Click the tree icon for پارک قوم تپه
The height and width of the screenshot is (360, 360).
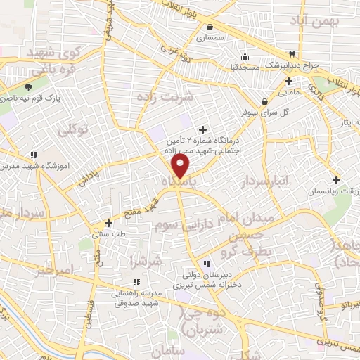click(27, 88)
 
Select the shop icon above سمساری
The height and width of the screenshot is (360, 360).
click(210, 27)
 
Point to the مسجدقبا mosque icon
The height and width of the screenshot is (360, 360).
click(244, 57)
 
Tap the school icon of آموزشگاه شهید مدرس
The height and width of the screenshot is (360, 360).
click(34, 155)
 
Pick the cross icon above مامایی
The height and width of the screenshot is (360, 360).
click(288, 81)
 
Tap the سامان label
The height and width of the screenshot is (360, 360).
click(167, 349)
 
